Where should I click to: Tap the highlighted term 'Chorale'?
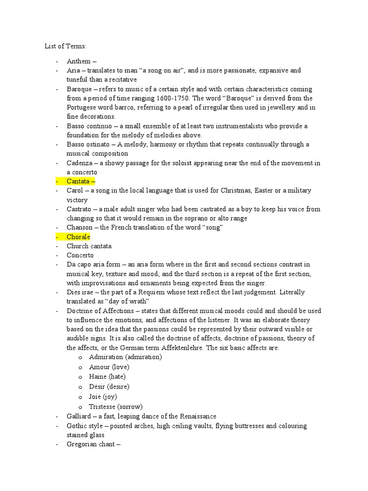pyautogui.click(x=79, y=237)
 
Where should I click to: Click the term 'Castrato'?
pyautogui.click(x=80, y=209)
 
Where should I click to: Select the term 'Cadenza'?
pyautogui.click(x=80, y=163)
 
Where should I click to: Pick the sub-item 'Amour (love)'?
pyautogui.click(x=109, y=367)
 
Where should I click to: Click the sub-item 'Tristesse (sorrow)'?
pyautogui.click(x=116, y=407)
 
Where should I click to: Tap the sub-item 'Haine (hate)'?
pyautogui.click(x=108, y=377)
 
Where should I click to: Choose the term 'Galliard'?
pyautogui.click(x=79, y=416)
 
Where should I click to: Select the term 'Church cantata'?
pyautogui.click(x=89, y=246)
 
